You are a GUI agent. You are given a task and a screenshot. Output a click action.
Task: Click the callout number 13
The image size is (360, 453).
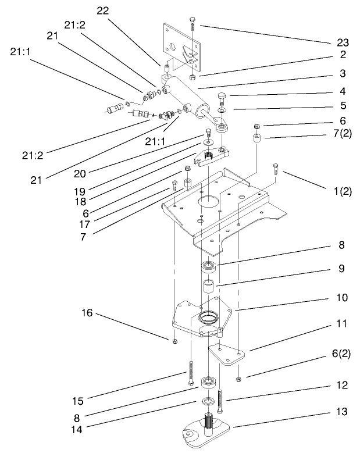click(x=342, y=411)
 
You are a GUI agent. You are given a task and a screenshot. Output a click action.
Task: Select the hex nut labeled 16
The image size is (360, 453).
click(x=174, y=341)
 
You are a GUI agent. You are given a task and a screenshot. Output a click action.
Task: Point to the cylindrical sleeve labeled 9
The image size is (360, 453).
click(x=209, y=288)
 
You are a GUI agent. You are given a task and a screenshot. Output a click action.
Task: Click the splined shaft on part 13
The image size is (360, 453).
click(x=209, y=421)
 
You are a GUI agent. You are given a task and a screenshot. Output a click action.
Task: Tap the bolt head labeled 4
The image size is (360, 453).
click(x=223, y=97)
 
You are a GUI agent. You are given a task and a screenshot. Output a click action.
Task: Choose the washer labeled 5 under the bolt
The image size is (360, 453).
click(x=223, y=109)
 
